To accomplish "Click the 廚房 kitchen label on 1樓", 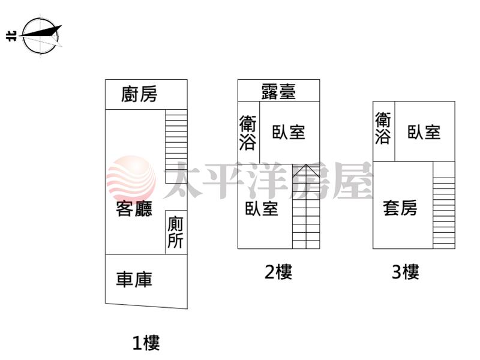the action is click(x=139, y=94).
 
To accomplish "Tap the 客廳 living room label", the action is click(x=134, y=209).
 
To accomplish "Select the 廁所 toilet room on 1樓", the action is click(x=176, y=232).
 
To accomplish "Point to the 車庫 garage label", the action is click(x=134, y=279).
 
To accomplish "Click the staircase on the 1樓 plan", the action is click(x=176, y=146).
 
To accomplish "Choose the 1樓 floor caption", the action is click(x=146, y=343).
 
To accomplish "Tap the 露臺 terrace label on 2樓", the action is click(x=278, y=91).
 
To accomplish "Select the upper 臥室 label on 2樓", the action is click(x=289, y=132).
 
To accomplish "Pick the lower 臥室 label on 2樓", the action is click(x=262, y=208).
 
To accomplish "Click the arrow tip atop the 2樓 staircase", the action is click(x=306, y=165).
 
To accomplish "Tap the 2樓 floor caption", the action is click(x=278, y=272).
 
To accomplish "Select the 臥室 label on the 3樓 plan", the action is click(x=424, y=132).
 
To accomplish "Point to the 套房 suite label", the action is click(x=400, y=208).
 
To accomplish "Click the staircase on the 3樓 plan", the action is click(x=444, y=205).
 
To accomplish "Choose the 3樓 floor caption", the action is click(x=406, y=272).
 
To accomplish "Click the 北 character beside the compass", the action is click(x=11, y=36).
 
